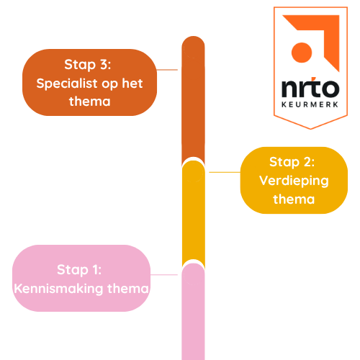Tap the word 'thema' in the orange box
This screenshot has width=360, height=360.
(x=90, y=102)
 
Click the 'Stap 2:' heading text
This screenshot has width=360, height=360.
(x=293, y=161)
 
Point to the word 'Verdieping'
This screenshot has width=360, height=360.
(x=293, y=180)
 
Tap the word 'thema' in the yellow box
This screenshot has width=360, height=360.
(x=293, y=199)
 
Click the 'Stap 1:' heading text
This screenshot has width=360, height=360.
(x=81, y=269)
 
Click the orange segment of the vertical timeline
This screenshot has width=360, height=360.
(x=193, y=101)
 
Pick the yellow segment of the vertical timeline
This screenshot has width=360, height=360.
(x=193, y=212)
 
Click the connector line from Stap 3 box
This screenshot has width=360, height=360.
(x=167, y=70)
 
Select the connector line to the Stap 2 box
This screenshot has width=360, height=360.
(x=224, y=172)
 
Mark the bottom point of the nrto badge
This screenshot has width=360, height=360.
(x=309, y=127)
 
